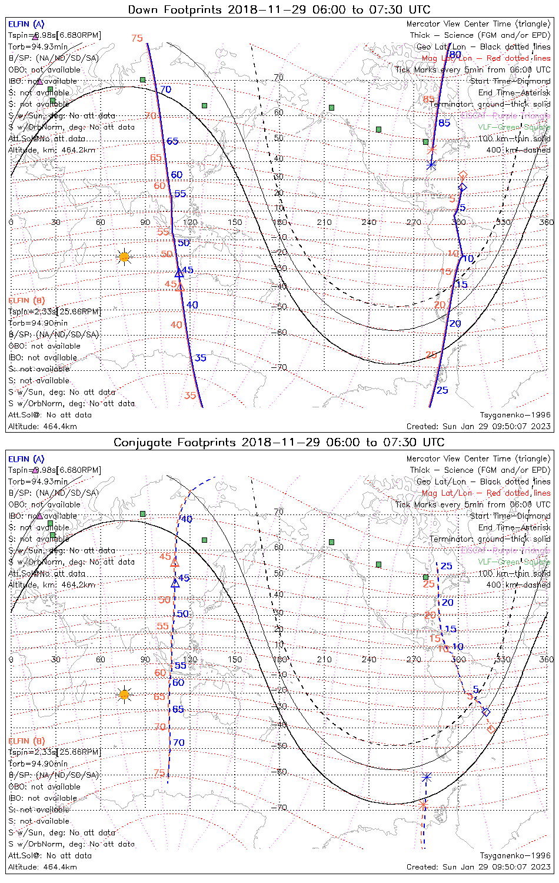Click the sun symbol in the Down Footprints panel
124,257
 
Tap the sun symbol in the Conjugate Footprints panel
124,695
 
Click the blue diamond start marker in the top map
462,188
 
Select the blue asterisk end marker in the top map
431,165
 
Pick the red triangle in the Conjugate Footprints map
174,563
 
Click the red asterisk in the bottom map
422,804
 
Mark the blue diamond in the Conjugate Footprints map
486,712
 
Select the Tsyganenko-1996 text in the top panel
515,415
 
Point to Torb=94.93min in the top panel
38,47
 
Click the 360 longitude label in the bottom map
546,659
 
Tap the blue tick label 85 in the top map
444,123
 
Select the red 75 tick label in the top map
137,38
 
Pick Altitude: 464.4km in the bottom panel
42,867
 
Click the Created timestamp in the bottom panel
478,867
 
